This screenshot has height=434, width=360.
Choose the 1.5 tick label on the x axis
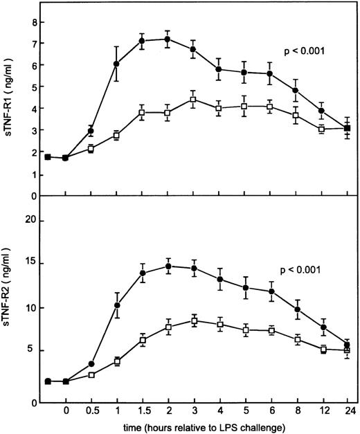pyautogui.click(x=142, y=410)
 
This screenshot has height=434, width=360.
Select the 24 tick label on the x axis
pyautogui.click(x=347, y=410)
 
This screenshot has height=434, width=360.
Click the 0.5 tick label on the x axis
pyautogui.click(x=91, y=410)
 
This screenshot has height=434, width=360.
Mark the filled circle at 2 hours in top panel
pyautogui.click(x=168, y=39)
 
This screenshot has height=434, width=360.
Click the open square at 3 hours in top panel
pyautogui.click(x=193, y=100)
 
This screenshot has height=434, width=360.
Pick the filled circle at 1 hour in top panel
pyautogui.click(x=116, y=64)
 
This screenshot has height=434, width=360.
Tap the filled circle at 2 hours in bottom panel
pyautogui.click(x=168, y=266)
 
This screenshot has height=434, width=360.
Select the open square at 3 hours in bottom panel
pyautogui.click(x=193, y=320)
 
